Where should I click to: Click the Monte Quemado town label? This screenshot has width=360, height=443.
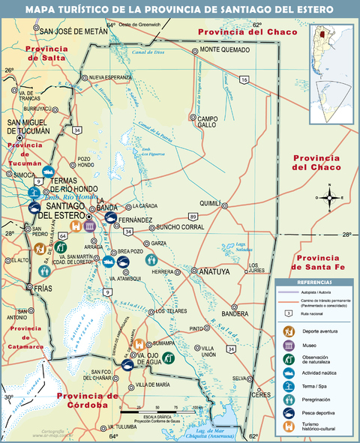224,50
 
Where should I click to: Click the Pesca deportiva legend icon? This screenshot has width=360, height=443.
288,413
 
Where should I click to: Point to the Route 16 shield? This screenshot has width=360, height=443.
244,79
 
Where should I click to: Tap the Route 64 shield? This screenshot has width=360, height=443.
63,235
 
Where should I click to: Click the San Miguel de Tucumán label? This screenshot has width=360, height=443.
28,126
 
